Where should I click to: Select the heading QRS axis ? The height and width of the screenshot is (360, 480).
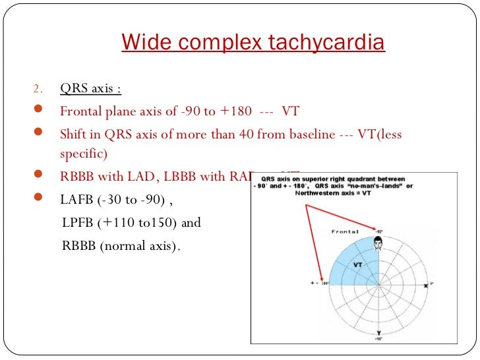point(90,89)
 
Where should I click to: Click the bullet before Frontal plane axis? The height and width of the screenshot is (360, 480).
point(38,111)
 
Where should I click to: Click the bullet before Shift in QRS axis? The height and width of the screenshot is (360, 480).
point(38,134)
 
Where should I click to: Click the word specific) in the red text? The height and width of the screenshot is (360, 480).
point(82,154)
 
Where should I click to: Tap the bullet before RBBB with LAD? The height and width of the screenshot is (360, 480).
point(38,177)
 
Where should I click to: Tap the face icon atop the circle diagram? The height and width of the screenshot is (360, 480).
point(378,244)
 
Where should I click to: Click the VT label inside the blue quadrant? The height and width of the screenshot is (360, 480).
point(358,264)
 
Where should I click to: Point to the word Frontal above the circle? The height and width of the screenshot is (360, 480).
point(345,232)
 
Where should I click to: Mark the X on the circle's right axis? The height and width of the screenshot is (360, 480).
point(426,285)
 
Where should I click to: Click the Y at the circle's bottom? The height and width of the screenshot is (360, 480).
point(378,332)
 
